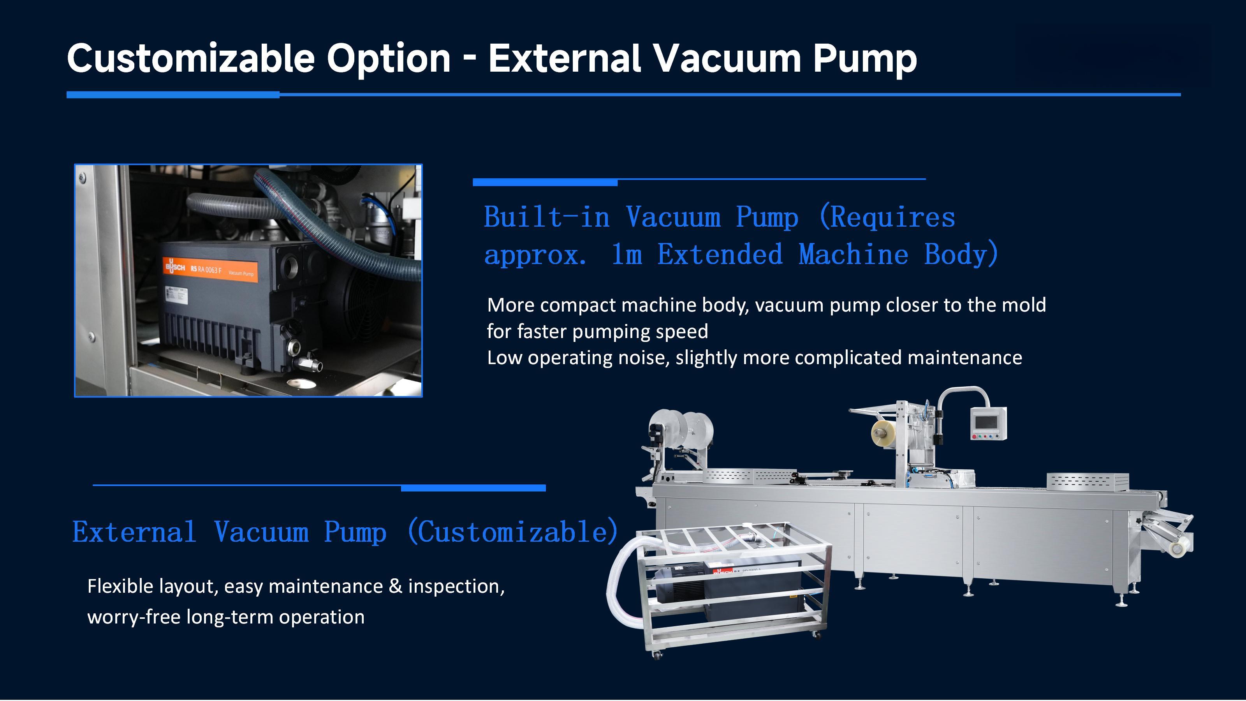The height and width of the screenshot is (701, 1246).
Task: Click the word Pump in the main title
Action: tap(864, 58)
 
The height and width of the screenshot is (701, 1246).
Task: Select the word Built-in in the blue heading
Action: tap(547, 217)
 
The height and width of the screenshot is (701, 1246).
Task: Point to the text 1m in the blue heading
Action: tap(627, 254)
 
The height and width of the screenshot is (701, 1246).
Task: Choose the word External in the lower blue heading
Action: tap(134, 532)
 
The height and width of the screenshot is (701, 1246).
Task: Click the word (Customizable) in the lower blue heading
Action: tap(513, 532)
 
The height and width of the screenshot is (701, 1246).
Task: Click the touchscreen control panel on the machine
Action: tap(988, 424)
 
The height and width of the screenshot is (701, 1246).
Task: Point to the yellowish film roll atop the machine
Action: tap(884, 432)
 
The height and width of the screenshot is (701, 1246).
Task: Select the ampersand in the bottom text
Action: tap(395, 587)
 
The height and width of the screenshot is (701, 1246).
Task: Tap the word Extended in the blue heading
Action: tap(720, 254)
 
